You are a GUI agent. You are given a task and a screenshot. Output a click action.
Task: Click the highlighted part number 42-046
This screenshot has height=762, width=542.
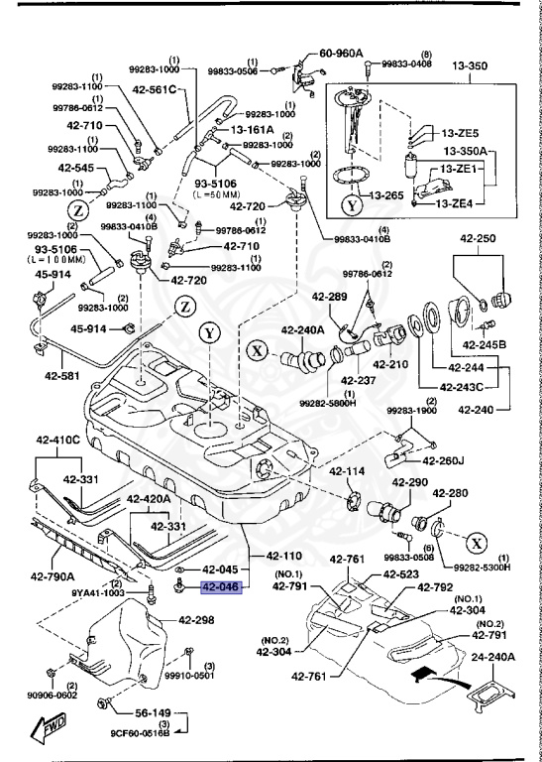tap(220, 586)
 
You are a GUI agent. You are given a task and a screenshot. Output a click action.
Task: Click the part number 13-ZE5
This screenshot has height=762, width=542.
tap(461, 133)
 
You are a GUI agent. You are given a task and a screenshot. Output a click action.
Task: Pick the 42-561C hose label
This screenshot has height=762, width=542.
tap(153, 90)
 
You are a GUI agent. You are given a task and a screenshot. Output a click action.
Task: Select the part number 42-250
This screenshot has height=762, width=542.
tap(477, 239)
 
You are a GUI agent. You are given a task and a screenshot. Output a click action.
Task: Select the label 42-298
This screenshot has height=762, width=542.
tap(196, 620)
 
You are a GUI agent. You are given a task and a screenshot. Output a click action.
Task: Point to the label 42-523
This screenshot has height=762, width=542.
tap(400, 574)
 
